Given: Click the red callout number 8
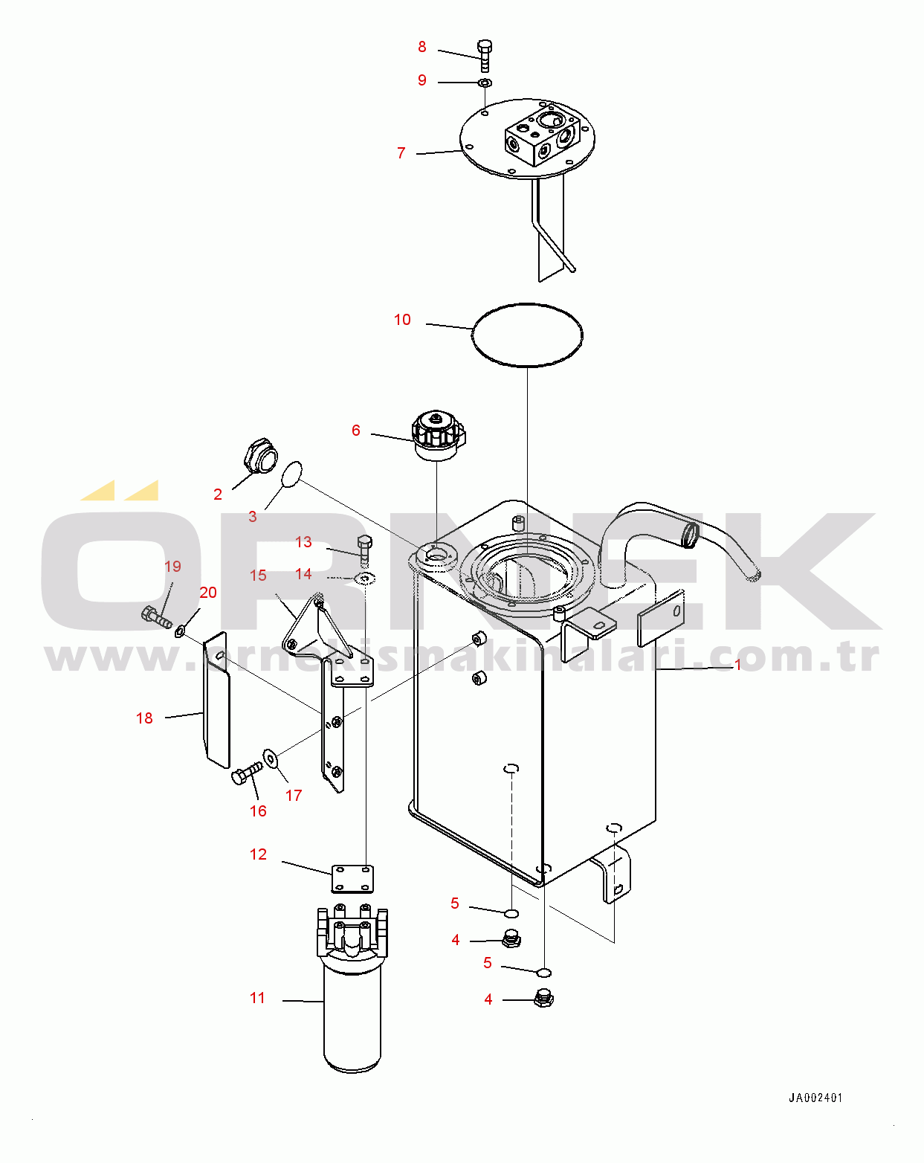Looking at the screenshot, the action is click(422, 47).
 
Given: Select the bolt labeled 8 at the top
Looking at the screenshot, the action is click(485, 55).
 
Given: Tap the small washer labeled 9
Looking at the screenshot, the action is click(485, 83).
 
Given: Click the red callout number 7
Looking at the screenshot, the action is click(401, 153).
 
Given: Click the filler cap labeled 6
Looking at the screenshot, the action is click(439, 436).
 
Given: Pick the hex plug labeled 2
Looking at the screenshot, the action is click(260, 456).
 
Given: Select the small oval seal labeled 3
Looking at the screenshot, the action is click(292, 474).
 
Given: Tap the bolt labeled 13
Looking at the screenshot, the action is click(365, 550).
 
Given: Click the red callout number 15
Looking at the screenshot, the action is click(258, 576).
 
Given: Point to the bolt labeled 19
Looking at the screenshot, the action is click(157, 618).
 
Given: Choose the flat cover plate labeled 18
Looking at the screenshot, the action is click(216, 700).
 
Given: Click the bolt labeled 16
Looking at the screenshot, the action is click(246, 773).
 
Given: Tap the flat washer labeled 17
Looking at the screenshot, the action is click(270, 758).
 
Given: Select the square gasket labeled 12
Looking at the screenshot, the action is click(352, 878).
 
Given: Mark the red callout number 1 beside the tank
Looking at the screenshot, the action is click(738, 664).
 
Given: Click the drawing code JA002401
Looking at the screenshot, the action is click(815, 1098).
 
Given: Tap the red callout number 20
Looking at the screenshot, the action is click(208, 593).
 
